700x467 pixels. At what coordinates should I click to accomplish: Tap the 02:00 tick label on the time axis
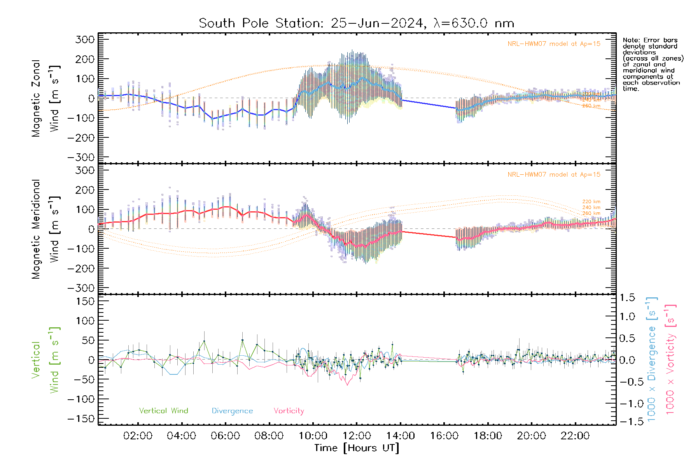pyautogui.click(x=138, y=435)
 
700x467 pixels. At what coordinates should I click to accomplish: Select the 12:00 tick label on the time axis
pyautogui.click(x=357, y=435)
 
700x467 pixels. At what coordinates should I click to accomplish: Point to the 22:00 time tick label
pyautogui.click(x=575, y=435)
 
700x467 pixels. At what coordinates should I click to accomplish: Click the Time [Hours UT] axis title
pyautogui.click(x=357, y=448)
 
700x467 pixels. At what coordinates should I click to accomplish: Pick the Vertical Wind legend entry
pyautogui.click(x=163, y=411)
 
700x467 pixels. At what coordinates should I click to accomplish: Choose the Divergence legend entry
pyautogui.click(x=232, y=411)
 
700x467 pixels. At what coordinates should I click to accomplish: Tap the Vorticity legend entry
pyautogui.click(x=289, y=411)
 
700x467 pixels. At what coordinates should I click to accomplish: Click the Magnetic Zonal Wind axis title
pyautogui.click(x=45, y=98)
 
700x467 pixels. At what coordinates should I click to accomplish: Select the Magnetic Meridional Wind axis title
pyautogui.click(x=45, y=229)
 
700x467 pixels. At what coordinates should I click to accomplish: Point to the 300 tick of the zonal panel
pyautogui.click(x=85, y=39)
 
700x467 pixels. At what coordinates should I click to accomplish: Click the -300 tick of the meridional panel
pyautogui.click(x=81, y=288)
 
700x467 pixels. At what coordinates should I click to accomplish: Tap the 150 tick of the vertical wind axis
pyautogui.click(x=85, y=301)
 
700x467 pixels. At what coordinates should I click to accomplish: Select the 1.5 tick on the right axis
pyautogui.click(x=627, y=298)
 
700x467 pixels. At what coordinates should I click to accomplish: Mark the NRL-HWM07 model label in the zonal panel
pyautogui.click(x=554, y=44)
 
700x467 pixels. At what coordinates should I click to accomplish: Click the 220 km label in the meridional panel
pyautogui.click(x=591, y=202)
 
